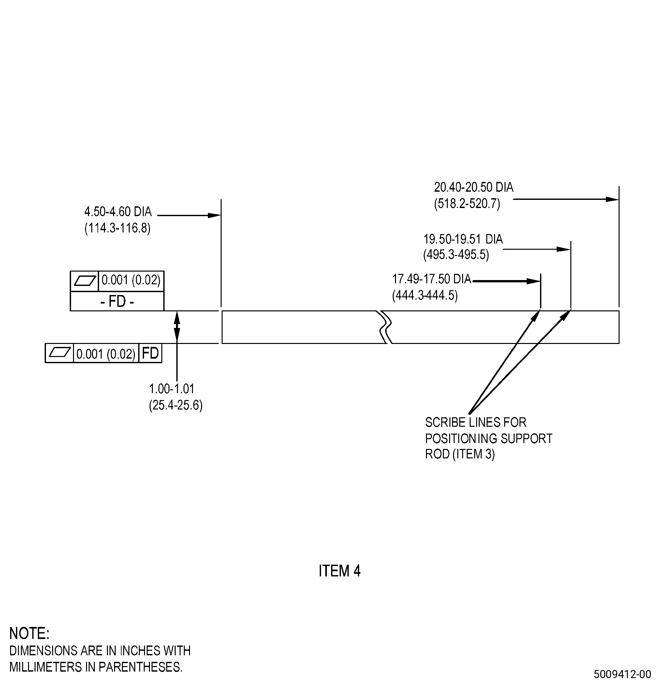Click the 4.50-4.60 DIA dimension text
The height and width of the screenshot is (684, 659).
pos(118,212)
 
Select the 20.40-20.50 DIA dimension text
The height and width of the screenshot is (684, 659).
pos(474,187)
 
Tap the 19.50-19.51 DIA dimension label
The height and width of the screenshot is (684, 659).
pos(463,239)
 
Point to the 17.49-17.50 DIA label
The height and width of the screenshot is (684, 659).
pos(432,279)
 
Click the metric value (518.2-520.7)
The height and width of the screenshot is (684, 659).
pos(467,203)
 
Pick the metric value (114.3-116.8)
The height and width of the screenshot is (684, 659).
pos(117,228)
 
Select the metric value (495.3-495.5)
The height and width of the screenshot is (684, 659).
pos(456,255)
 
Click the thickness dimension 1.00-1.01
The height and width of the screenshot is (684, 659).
pos(172,389)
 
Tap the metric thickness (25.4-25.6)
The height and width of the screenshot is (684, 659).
pos(175,405)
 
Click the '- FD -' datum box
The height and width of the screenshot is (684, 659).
pos(117,301)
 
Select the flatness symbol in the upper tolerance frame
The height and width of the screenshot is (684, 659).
pos(85,281)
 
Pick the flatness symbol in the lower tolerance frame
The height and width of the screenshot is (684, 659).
pos(60,353)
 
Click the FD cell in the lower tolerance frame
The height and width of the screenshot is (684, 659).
pos(150,353)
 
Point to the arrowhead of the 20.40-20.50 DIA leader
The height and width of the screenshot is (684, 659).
pos(612,199)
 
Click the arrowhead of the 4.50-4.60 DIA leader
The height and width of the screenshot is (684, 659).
pos(214,215)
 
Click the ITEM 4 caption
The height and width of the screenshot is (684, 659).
pos(340,571)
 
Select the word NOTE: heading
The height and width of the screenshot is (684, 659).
pos(29,633)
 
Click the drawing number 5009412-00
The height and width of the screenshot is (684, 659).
pos(622,673)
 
